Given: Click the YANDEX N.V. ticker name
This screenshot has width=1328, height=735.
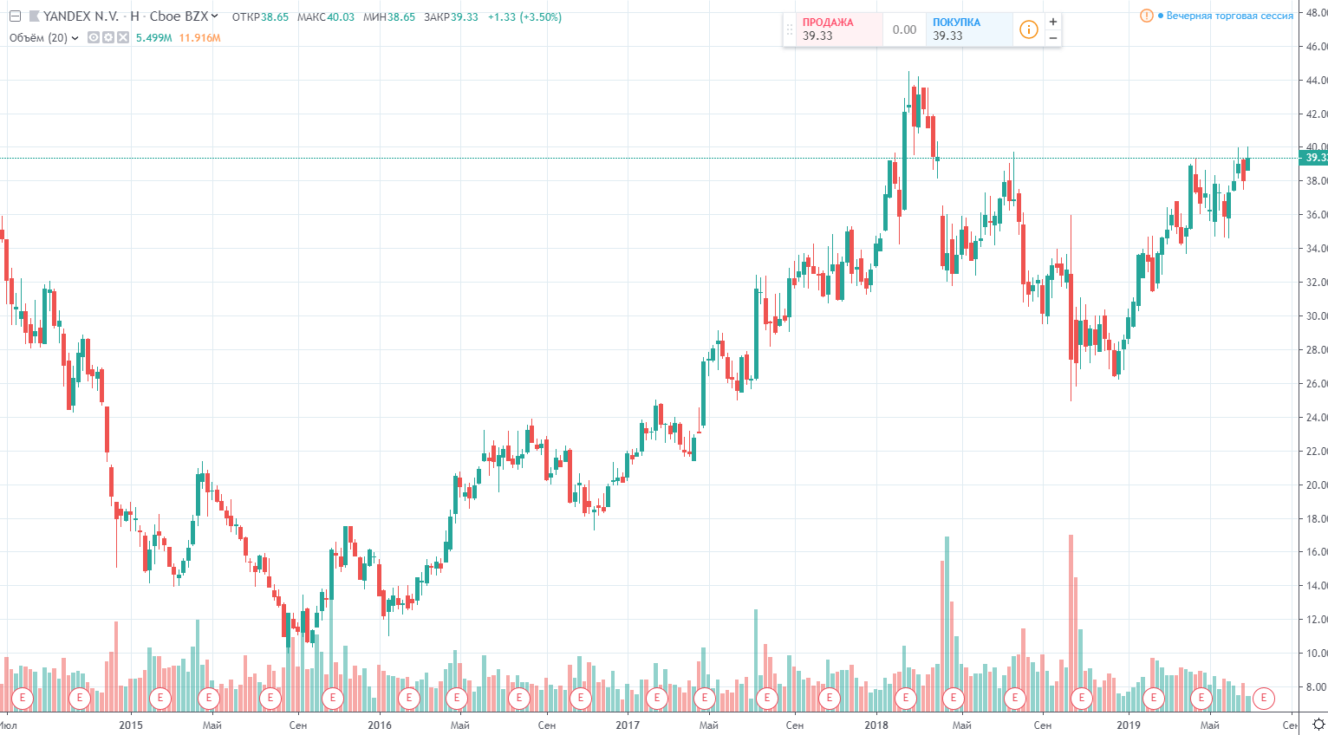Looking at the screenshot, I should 81,16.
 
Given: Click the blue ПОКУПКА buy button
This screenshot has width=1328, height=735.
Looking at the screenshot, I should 962,29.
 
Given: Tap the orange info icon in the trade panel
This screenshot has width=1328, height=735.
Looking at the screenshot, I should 1029,29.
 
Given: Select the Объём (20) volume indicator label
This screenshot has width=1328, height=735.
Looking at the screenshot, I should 38,37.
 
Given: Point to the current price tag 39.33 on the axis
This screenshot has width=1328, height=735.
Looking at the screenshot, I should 1314,158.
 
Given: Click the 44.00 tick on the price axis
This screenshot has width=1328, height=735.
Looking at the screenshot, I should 1315,81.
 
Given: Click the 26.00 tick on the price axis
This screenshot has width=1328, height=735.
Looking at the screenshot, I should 1315,384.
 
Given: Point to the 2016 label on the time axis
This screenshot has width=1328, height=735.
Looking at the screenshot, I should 380,725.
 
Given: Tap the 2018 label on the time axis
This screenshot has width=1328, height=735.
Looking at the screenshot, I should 876,725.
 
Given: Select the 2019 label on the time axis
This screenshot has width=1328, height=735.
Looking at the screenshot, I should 1129,725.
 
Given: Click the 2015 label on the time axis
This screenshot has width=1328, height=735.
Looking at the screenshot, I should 131,725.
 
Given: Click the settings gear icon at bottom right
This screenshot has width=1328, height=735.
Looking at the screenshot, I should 1318,724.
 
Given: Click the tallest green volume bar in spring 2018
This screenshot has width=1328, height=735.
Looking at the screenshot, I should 947,624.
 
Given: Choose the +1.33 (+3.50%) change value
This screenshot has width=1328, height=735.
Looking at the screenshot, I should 524,16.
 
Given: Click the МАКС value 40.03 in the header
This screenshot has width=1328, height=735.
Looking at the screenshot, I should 341,16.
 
